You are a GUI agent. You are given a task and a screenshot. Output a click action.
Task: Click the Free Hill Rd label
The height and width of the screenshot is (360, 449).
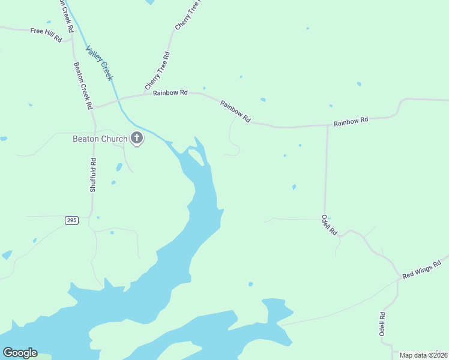pos(46,35)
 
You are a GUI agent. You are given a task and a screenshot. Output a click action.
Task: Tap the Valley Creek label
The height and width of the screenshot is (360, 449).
pos(99,63)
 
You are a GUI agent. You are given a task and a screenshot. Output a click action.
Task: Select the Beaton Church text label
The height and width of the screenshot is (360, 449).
pos(100,139)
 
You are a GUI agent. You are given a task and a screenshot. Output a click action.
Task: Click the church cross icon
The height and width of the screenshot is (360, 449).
pos(137,139)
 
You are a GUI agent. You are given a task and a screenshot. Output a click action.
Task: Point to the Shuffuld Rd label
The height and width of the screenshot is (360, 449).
pos(93,175)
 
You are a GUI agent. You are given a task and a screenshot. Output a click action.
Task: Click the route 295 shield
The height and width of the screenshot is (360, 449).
pos(71,221)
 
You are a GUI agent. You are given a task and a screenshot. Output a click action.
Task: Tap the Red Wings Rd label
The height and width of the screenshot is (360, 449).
pos(422,269)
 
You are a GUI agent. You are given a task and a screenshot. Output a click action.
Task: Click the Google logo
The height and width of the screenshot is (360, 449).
pos(20,353)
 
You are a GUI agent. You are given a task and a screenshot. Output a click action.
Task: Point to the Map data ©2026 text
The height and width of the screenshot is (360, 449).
pos(423,355)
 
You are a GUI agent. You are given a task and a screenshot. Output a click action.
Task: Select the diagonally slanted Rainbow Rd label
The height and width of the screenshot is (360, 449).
pos(235,112)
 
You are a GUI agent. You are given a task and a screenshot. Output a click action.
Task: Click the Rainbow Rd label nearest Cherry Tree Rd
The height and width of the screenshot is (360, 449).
pos(170,93)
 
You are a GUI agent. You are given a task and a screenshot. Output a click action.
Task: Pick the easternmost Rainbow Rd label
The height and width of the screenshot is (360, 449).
pos(351,122)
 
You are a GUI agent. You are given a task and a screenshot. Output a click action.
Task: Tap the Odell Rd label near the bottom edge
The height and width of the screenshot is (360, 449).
pos(382,324)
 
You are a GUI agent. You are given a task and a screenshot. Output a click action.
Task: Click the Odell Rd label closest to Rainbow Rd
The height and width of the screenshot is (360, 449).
pos(329,225)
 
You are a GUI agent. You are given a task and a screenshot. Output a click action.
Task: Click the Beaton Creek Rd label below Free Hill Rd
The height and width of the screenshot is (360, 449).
pos(82,85)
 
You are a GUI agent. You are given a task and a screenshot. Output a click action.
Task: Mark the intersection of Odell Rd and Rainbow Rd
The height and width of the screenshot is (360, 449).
pos(327,126)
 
